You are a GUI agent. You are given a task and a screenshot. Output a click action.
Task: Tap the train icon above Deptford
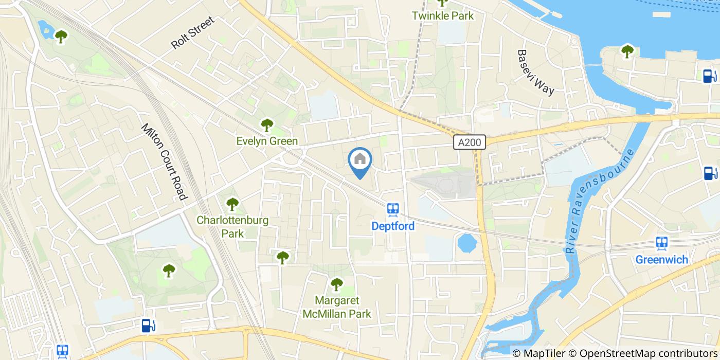(x=393, y=209)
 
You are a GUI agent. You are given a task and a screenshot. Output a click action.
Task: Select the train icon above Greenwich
(x=662, y=243)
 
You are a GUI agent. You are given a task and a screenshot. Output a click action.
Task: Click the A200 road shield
(x=470, y=142)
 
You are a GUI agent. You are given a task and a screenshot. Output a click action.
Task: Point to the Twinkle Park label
(x=442, y=16)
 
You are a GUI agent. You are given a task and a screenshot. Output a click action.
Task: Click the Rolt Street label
(x=192, y=32)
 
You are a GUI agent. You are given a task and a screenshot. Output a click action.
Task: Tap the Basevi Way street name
(x=536, y=72)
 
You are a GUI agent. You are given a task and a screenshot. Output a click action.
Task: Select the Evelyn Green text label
(x=267, y=141)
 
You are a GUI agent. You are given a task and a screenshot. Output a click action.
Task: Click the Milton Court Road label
(x=163, y=161)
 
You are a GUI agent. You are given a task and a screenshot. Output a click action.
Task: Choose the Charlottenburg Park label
(x=232, y=227)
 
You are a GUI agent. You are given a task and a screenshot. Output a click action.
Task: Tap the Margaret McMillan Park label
(x=336, y=307)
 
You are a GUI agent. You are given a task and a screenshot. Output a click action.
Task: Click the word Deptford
(x=393, y=226)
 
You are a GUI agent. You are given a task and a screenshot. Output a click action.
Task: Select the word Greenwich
(x=661, y=259)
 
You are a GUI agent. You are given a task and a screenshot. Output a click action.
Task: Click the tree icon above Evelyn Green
(x=266, y=124)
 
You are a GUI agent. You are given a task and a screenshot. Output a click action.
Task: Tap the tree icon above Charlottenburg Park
(x=232, y=204)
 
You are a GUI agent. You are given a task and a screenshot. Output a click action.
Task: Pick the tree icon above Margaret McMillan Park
(x=336, y=283)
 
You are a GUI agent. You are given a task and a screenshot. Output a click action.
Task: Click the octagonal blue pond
(x=467, y=243)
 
